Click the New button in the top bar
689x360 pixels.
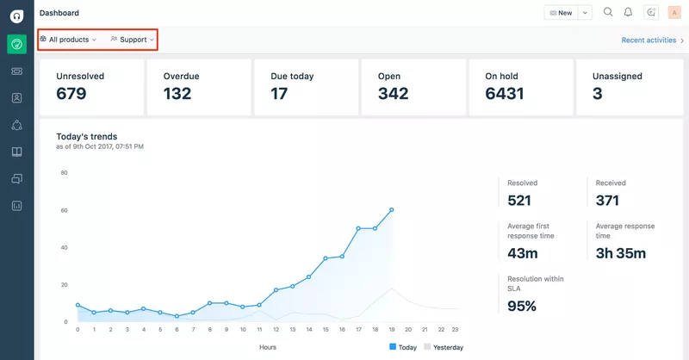(560, 13)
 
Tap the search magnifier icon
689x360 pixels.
(608, 12)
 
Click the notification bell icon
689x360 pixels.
(629, 12)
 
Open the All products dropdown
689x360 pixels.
(68, 40)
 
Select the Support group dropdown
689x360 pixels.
(133, 40)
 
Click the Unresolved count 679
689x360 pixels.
(71, 94)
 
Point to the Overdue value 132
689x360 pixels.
(177, 94)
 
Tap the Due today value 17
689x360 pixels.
(279, 94)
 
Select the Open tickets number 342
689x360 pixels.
(393, 94)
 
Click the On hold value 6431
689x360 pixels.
(505, 94)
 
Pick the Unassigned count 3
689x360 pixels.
(597, 94)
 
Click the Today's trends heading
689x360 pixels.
(86, 136)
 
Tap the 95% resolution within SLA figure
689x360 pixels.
(522, 306)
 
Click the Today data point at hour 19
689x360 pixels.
(392, 209)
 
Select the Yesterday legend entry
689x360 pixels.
(443, 347)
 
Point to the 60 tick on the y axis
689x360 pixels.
(64, 210)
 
